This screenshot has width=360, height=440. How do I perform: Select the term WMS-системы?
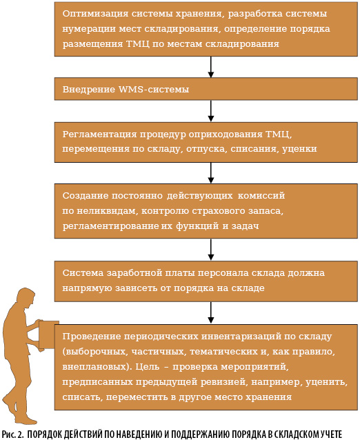(154, 89)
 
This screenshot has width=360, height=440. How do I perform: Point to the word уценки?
(299, 149)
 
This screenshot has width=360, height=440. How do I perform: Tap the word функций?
(197, 226)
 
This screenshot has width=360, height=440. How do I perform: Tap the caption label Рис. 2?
(13, 434)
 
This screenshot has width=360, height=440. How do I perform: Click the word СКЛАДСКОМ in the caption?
(297, 434)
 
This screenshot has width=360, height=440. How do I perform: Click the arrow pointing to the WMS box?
(211, 67)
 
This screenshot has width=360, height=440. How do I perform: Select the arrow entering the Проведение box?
(211, 312)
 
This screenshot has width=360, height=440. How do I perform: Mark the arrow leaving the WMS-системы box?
(211, 111)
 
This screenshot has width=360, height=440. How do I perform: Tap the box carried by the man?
(48, 335)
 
